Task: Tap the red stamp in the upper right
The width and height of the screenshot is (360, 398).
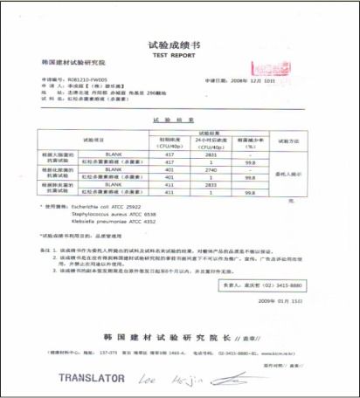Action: (263, 67)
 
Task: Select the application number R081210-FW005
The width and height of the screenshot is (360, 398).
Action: (82, 79)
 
